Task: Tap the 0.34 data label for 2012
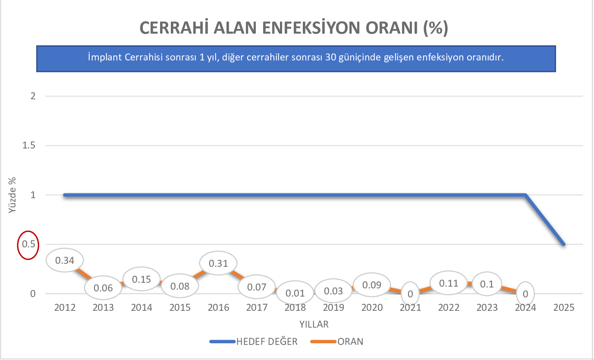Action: pyautogui.click(x=65, y=260)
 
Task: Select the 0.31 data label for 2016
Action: pyautogui.click(x=219, y=263)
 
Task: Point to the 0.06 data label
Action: pyautogui.click(x=103, y=288)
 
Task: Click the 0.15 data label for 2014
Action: pyautogui.click(x=141, y=279)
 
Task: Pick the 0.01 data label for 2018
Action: pyautogui.click(x=295, y=293)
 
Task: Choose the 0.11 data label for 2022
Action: pyautogui.click(x=449, y=283)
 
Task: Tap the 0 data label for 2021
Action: pyautogui.click(x=410, y=294)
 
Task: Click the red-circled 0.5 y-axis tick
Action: pyautogui.click(x=28, y=244)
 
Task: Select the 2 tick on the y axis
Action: pyautogui.click(x=33, y=96)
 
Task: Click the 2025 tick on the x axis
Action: pyautogui.click(x=564, y=308)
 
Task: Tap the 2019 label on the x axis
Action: pyautogui.click(x=333, y=308)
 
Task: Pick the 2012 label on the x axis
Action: pyautogui.click(x=65, y=308)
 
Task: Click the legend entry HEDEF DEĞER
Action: pyautogui.click(x=267, y=342)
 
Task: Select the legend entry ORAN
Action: pyautogui.click(x=350, y=342)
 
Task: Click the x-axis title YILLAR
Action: pyautogui.click(x=314, y=324)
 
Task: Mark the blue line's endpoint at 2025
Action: pyautogui.click(x=563, y=244)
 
